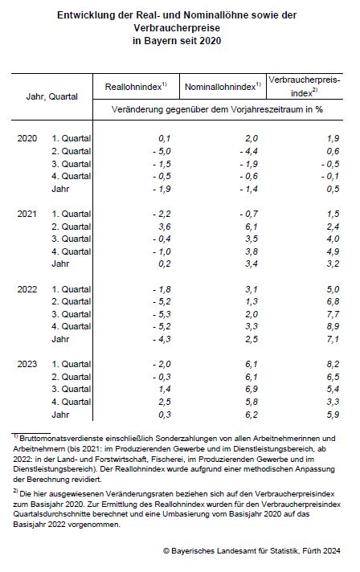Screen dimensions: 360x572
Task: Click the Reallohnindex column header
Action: coord(136,87)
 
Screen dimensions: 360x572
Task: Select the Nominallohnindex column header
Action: coord(223,87)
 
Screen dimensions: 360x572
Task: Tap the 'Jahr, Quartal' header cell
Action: coord(51,96)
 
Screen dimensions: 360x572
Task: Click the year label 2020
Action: coord(27,138)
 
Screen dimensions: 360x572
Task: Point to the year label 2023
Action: coord(27,364)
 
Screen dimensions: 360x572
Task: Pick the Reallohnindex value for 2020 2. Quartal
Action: coord(162,151)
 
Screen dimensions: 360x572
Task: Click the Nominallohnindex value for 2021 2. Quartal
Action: coord(252,227)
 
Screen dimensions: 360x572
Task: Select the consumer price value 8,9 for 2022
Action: coord(333,326)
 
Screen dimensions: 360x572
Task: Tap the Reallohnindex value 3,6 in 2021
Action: coord(165,227)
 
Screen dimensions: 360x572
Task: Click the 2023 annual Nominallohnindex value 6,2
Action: coord(252,415)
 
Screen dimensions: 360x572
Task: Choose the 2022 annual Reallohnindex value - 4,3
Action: coord(162,339)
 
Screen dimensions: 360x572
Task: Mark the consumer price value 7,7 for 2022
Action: coord(333,314)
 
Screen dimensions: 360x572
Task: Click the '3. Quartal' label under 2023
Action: coord(72,389)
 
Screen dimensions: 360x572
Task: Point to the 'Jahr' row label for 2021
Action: coord(60,264)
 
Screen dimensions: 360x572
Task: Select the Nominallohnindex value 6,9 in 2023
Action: coord(252,389)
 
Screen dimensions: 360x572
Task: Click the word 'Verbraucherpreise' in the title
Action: coord(177,28)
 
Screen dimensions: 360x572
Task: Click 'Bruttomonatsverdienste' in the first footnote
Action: coord(61,438)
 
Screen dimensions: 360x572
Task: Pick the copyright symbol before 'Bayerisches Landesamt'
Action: coord(166,551)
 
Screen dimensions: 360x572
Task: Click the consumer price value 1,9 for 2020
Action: coord(333,138)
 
